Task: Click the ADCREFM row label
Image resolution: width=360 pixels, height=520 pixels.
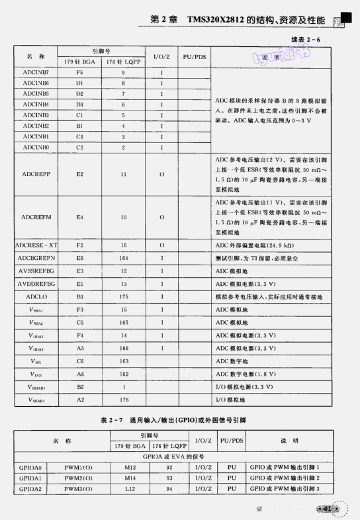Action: click(x=34, y=216)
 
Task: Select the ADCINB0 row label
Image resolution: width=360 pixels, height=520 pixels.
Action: click(x=35, y=147)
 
